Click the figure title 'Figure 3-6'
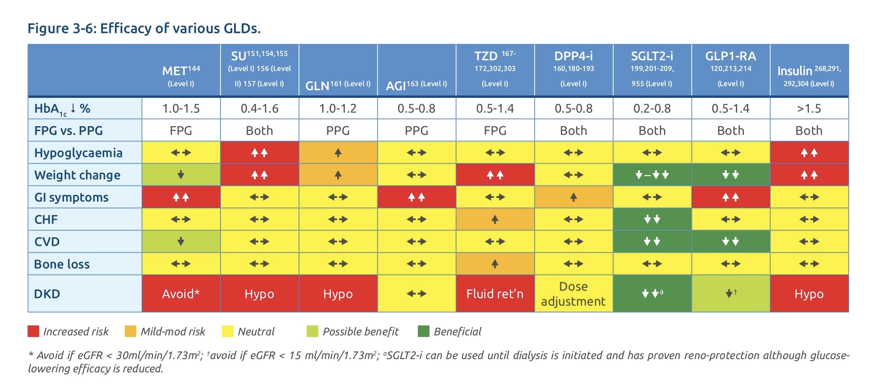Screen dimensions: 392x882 pyautogui.click(x=63, y=29)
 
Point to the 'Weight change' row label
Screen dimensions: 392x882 pyautogui.click(x=77, y=175)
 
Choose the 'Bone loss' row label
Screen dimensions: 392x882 pyautogui.click(x=62, y=264)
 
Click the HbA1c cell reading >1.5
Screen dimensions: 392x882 pyautogui.click(x=809, y=109)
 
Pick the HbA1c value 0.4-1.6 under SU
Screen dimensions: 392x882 pyautogui.click(x=259, y=109)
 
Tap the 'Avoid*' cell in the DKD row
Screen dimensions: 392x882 pyautogui.click(x=181, y=294)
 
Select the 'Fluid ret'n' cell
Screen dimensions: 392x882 pyautogui.click(x=495, y=294)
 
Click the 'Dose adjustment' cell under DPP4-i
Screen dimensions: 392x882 pyautogui.click(x=573, y=294)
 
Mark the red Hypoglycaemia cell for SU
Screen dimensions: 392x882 pyautogui.click(x=259, y=153)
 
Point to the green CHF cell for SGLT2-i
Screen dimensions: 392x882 pyautogui.click(x=652, y=219)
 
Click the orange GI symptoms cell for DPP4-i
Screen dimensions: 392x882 pyautogui.click(x=573, y=197)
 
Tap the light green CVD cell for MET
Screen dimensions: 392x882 pyautogui.click(x=181, y=242)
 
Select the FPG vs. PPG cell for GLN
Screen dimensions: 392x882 pyautogui.click(x=338, y=131)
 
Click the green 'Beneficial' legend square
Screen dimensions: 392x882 pyautogui.click(x=423, y=331)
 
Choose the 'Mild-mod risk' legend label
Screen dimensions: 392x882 pyautogui.click(x=173, y=332)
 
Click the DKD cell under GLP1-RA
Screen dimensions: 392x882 pyautogui.click(x=730, y=294)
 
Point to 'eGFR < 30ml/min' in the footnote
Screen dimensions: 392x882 pyautogui.click(x=129, y=356)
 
